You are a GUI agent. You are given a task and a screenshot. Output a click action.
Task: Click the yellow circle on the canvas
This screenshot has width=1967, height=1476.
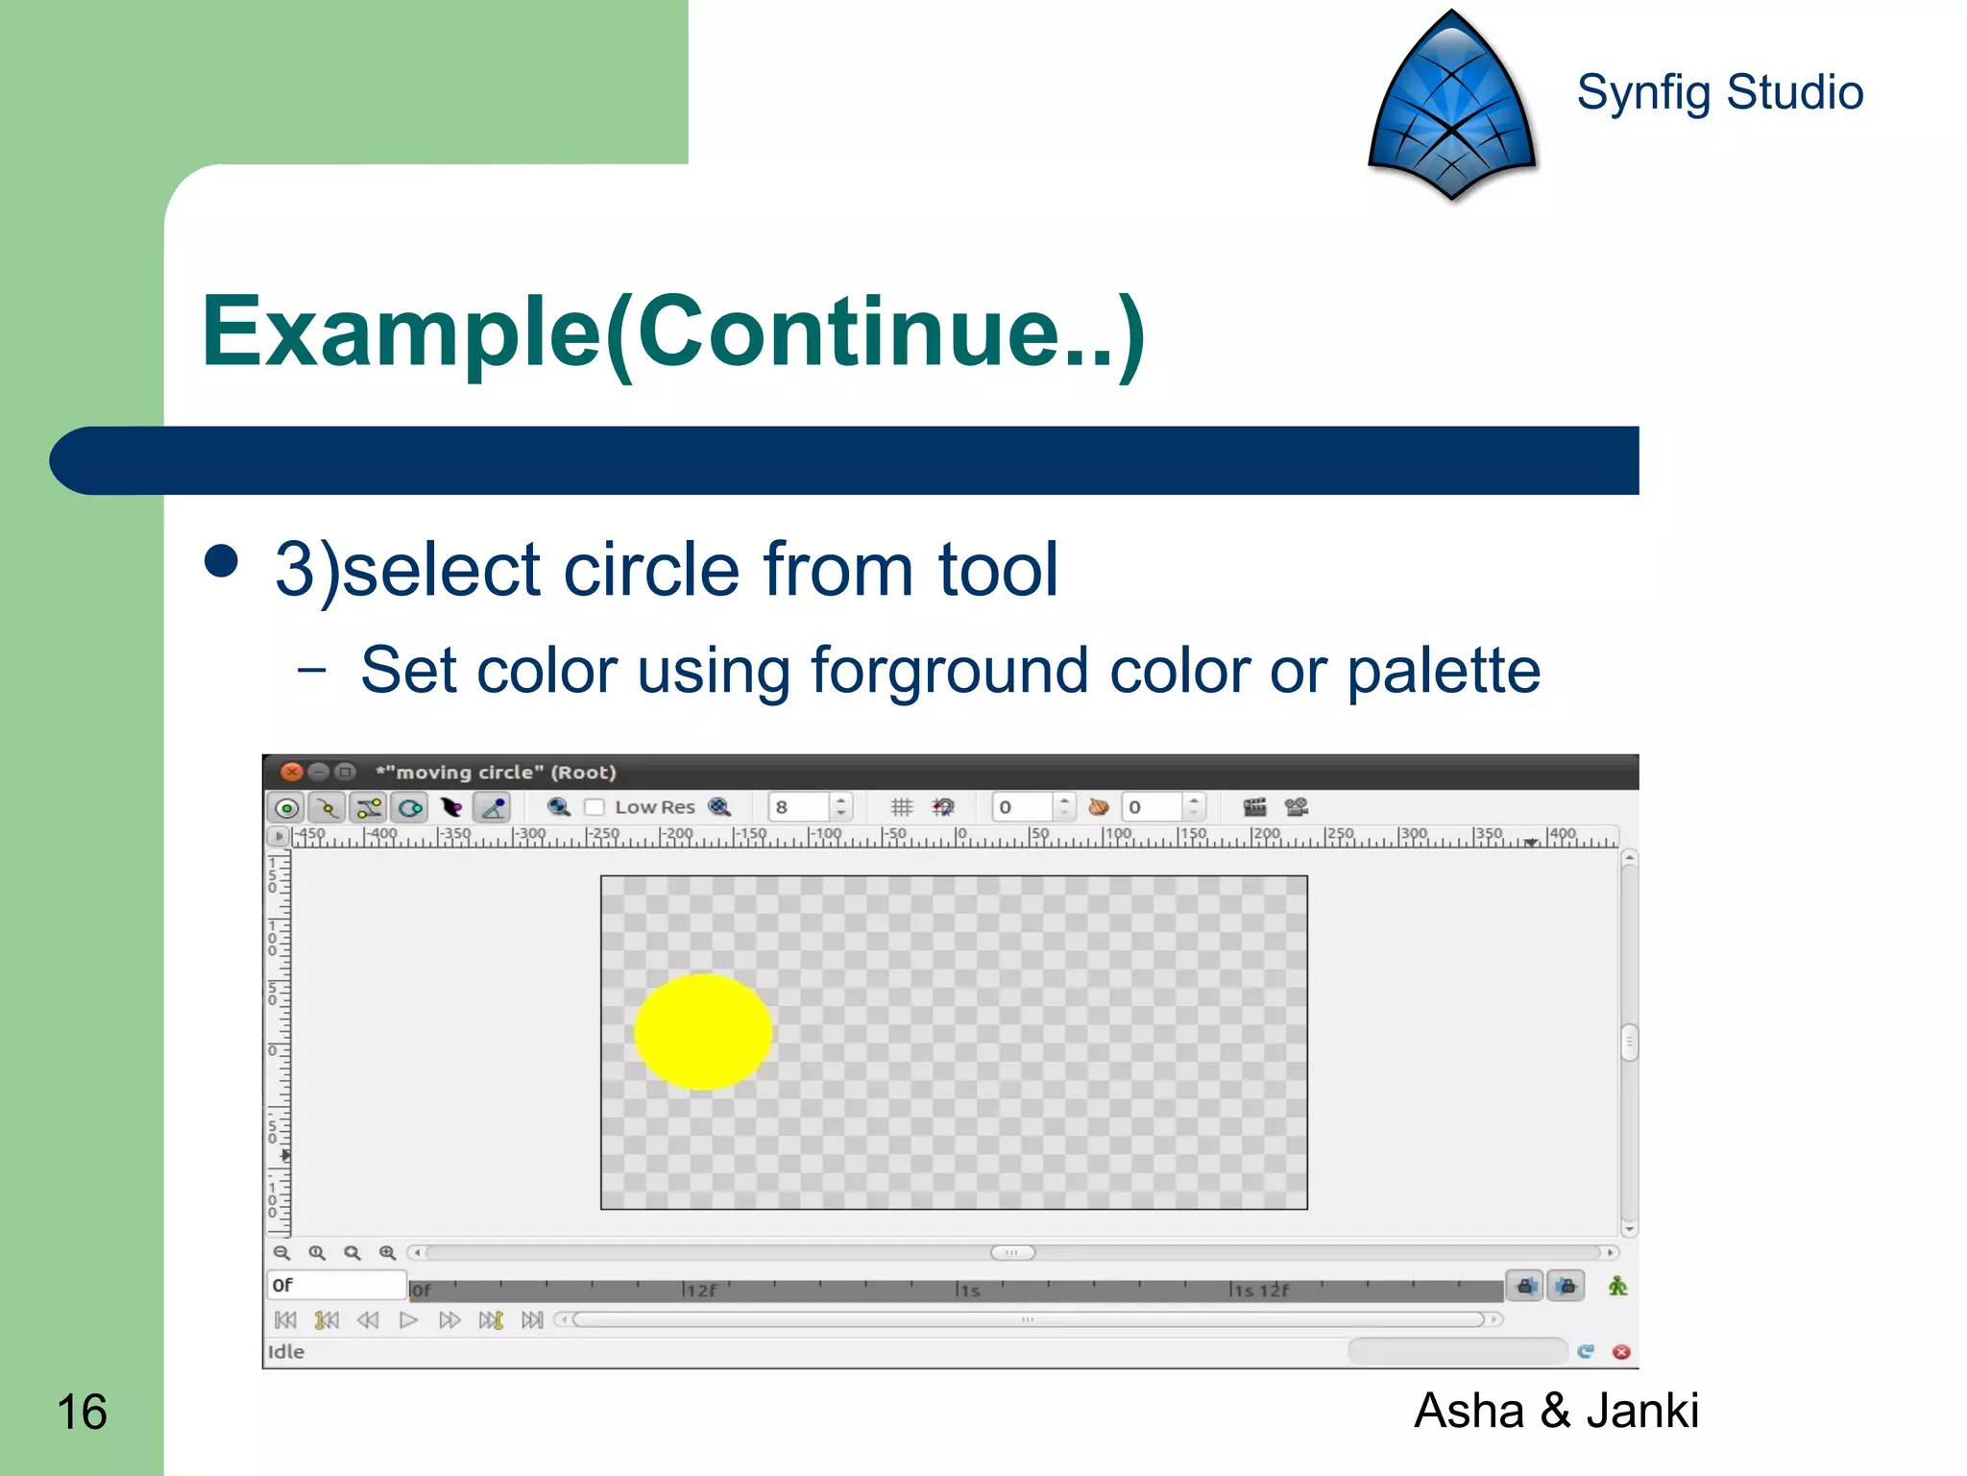pyautogui.click(x=703, y=1031)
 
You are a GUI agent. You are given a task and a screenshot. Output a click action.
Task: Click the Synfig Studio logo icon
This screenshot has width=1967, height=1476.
pyautogui.click(x=1451, y=106)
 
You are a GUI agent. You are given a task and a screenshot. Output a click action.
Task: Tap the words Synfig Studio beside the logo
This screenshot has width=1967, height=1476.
pyautogui.click(x=1719, y=92)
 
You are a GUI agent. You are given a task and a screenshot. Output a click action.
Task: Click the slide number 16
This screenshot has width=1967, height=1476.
pyautogui.click(x=82, y=1412)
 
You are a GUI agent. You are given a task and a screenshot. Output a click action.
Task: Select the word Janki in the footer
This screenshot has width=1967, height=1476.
pyautogui.click(x=1641, y=1411)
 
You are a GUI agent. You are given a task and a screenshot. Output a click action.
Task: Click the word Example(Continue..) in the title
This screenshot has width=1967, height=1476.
pyautogui.click(x=672, y=332)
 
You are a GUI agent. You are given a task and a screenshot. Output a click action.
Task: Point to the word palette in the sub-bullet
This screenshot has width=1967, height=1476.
pyautogui.click(x=1443, y=670)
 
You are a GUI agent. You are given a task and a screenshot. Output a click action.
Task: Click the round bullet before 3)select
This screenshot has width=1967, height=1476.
pyautogui.click(x=222, y=561)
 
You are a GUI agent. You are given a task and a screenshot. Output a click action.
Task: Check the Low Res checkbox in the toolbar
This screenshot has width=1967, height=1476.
pyautogui.click(x=595, y=807)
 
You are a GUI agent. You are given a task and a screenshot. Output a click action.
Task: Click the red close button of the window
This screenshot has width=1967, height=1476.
pyautogui.click(x=291, y=772)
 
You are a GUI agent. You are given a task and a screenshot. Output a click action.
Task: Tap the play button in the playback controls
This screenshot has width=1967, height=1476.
pyautogui.click(x=408, y=1319)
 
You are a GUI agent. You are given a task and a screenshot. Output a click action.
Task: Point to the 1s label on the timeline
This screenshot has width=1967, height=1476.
pyautogui.click(x=970, y=1291)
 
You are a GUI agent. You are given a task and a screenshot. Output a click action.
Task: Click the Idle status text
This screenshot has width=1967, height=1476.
pyautogui.click(x=285, y=1351)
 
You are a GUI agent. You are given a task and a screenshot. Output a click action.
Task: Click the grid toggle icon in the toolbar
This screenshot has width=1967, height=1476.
pyautogui.click(x=901, y=807)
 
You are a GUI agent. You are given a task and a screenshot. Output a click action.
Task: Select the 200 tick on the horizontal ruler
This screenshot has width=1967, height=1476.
pyautogui.click(x=1266, y=834)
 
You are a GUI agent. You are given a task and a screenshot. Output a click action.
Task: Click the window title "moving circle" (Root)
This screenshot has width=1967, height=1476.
pyautogui.click(x=496, y=772)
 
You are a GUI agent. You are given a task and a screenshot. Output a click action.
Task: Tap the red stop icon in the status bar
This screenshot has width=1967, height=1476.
pyautogui.click(x=1621, y=1352)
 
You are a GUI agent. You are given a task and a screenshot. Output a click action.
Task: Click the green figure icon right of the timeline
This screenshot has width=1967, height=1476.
pyautogui.click(x=1617, y=1286)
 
